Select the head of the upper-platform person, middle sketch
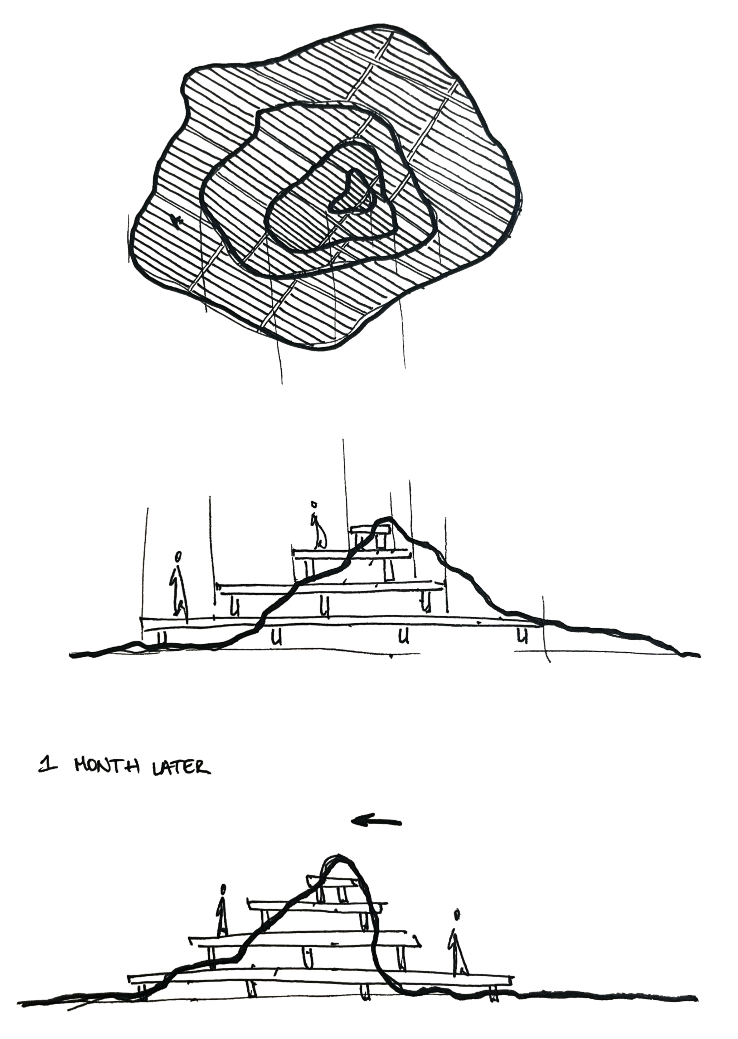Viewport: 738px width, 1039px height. click(x=313, y=504)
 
